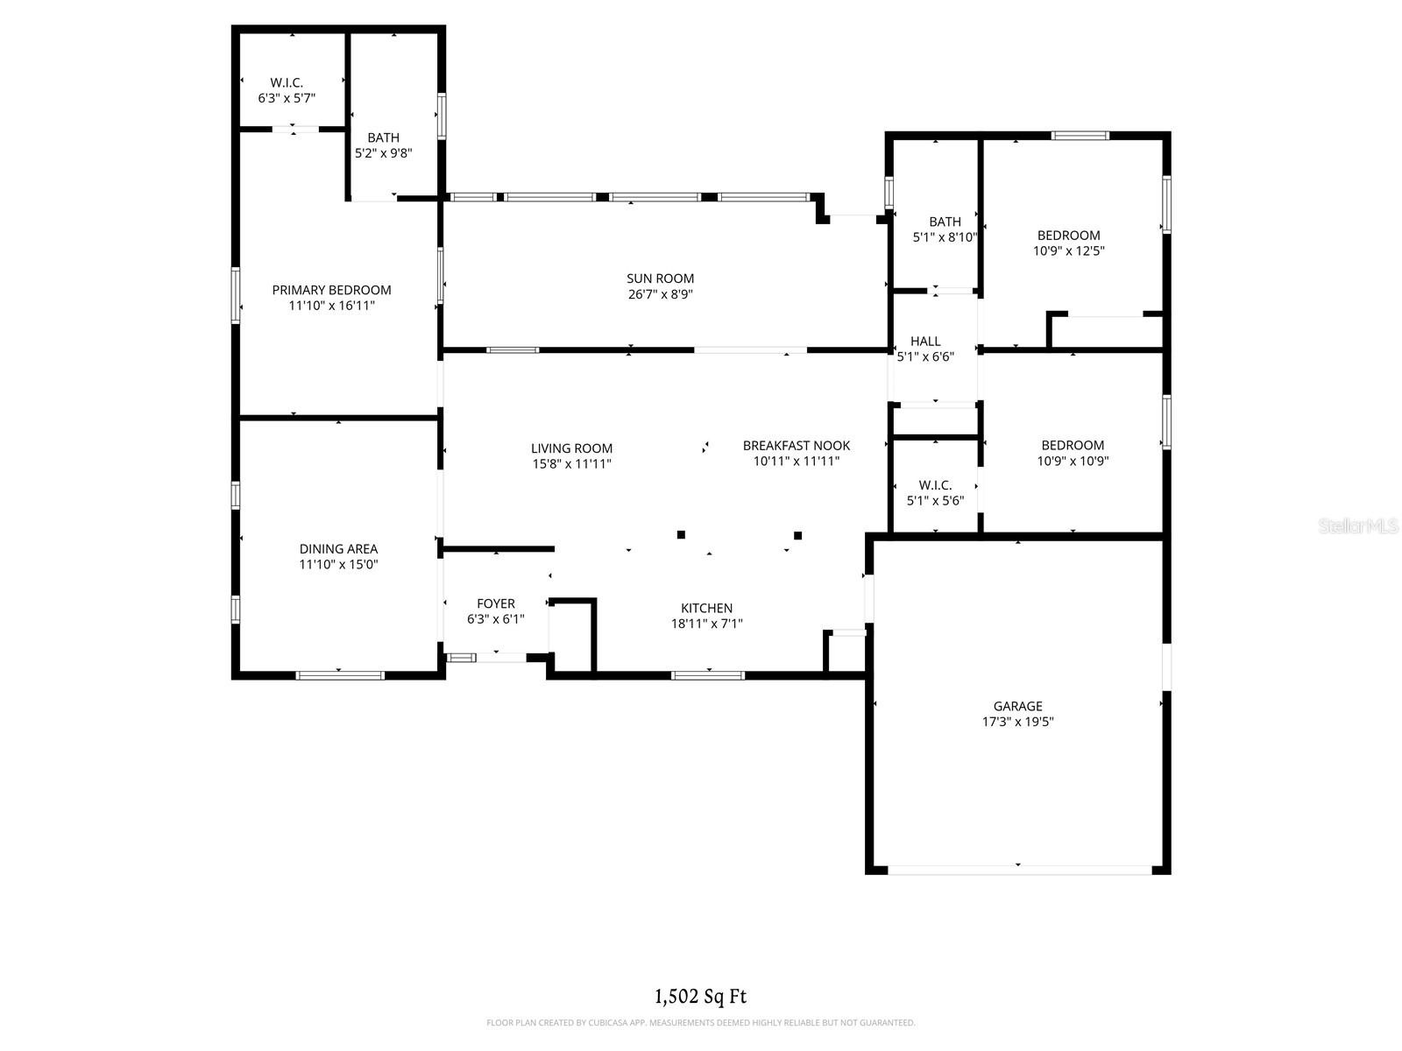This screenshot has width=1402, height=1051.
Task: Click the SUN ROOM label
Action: coord(660,279)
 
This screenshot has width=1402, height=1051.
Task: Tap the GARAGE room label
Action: coord(1017,706)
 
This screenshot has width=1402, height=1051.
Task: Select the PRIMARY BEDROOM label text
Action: coord(331,290)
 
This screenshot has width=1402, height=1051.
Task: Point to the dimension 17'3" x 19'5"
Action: coord(1017,721)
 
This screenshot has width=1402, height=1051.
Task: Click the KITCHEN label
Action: coord(706,608)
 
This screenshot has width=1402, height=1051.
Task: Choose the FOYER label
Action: coord(496,603)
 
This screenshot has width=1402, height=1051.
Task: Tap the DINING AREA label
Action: coord(338,548)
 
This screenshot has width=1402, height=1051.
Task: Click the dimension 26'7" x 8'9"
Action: coord(660,293)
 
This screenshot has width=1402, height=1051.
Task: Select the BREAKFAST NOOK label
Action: coord(796,445)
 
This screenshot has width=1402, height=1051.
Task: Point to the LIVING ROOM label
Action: coord(571,448)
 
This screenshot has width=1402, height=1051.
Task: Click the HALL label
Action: coord(925,341)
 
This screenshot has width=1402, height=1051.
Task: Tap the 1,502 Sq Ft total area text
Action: coord(701,996)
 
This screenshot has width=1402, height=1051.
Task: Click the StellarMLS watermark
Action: coord(1358,525)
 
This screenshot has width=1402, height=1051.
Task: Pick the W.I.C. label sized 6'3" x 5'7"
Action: coord(287,82)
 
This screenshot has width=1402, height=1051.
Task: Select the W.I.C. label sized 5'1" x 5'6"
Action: coord(935,485)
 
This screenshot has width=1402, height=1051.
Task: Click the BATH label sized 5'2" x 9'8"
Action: coord(383,138)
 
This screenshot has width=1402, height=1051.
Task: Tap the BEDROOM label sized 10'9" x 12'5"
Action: coord(1068,235)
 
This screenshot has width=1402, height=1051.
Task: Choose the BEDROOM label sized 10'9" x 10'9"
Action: coord(1073,445)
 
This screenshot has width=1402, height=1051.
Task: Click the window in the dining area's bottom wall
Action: coord(340,675)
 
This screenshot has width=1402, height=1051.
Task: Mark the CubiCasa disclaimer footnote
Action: coord(701,1023)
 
